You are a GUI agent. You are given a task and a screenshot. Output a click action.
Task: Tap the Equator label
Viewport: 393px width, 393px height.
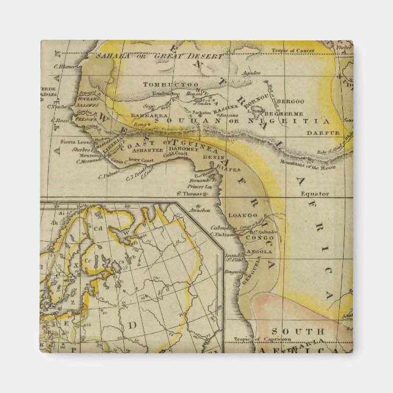point(314,193)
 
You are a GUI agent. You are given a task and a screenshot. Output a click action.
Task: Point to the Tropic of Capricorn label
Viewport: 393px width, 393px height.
point(272,340)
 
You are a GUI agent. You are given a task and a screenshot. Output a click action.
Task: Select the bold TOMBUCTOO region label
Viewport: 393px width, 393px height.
point(162,84)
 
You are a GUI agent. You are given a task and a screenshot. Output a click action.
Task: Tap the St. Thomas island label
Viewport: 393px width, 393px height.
point(189,194)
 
